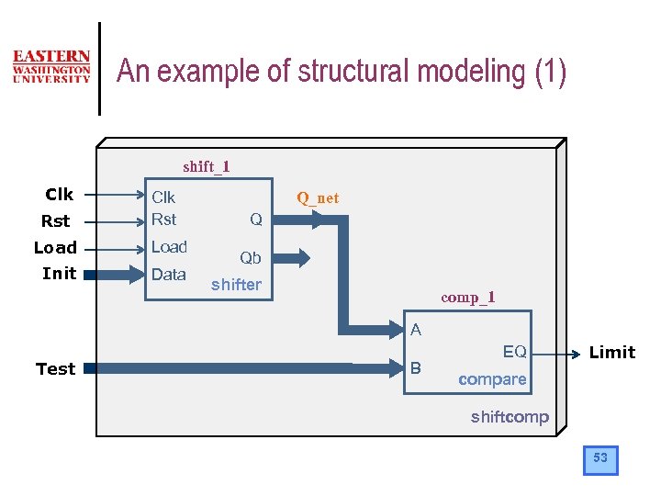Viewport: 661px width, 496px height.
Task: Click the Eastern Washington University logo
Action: [51, 67]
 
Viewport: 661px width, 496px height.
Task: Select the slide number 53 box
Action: [600, 458]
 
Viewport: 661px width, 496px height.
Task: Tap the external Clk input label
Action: [60, 194]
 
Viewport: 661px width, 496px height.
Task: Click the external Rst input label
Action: [55, 220]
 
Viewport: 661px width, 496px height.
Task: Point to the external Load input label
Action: [55, 247]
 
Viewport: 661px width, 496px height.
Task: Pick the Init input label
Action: [59, 273]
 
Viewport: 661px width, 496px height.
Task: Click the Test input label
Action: [55, 368]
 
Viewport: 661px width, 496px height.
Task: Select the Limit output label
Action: [611, 353]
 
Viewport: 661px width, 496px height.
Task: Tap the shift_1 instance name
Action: [207, 166]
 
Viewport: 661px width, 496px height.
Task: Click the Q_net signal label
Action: [318, 197]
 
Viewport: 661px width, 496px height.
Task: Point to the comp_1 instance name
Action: [468, 297]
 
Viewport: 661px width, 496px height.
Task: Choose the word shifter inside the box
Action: [236, 285]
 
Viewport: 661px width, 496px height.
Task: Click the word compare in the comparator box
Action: [492, 379]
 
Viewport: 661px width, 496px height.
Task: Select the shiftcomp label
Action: [510, 417]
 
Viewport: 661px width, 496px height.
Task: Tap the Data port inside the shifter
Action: [169, 274]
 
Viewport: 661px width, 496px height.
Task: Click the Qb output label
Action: [251, 258]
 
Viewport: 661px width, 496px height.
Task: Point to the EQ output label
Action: [514, 352]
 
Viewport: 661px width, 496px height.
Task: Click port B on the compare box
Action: [415, 368]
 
